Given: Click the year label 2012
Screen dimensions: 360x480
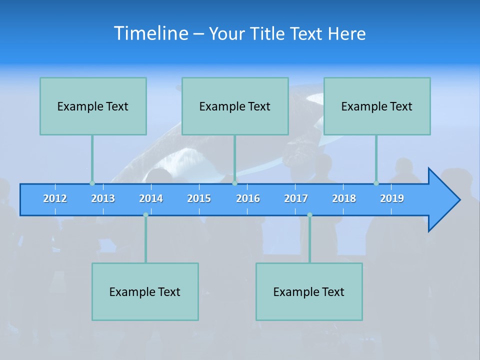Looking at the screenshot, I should coord(55,198).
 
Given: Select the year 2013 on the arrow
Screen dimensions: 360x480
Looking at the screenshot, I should coord(103,198).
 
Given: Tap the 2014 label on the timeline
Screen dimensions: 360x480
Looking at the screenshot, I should coord(151,198).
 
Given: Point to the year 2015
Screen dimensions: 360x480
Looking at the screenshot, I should coord(199,198).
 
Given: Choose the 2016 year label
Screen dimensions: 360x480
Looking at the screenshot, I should coord(248,198).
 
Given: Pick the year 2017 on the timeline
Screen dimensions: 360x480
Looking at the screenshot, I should coord(296,198).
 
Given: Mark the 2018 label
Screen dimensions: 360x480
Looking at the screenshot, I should coord(344,198).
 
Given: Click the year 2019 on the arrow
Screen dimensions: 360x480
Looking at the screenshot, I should coord(392,198).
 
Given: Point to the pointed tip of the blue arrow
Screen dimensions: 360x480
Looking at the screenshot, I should coord(458,200).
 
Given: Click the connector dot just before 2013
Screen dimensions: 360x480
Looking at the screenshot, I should coord(92,183).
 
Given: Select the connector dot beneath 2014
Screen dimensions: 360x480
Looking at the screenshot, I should coord(145,215).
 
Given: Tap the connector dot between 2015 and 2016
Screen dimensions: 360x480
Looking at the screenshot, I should coord(234,183).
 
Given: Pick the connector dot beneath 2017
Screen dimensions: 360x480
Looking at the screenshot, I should coord(309,215).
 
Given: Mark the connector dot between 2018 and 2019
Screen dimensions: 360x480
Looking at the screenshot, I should coord(376,183).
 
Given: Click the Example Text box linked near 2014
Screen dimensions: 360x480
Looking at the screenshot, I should coord(145,291).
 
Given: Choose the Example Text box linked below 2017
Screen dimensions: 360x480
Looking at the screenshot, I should coord(309,291).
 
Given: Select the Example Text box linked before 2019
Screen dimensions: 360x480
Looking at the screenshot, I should coord(377,106).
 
